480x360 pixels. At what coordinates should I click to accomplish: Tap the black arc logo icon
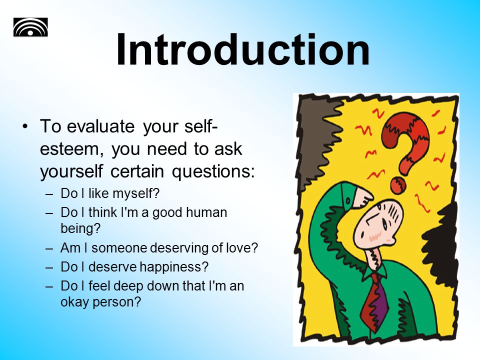point(30,27)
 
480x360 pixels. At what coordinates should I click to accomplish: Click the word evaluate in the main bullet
point(100,126)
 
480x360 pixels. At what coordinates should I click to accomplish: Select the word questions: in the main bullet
point(213,172)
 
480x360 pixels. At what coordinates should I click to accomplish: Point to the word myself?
point(136,194)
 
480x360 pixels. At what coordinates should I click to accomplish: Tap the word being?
point(80,228)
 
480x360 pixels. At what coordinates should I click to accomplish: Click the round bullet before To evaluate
point(25,126)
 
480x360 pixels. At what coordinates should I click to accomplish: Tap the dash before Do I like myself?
point(49,194)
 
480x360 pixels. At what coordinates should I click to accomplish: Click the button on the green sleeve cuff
point(348,200)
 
